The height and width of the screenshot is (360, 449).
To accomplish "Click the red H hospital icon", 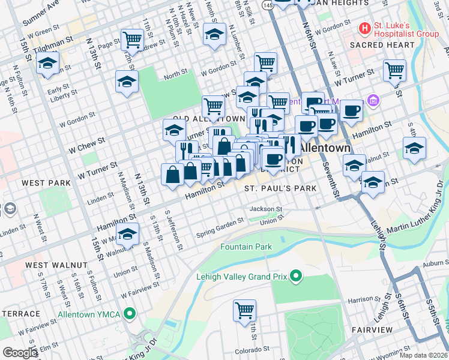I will pyautogui.click(x=364, y=28).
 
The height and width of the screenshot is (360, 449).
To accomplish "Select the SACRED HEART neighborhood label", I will pyautogui.click(x=375, y=45).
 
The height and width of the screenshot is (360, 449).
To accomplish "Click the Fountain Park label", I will pyautogui.click(x=246, y=247).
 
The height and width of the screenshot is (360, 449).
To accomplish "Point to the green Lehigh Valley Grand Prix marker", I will pyautogui.click(x=295, y=276).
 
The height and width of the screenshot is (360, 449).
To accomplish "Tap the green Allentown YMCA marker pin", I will pyautogui.click(x=128, y=314).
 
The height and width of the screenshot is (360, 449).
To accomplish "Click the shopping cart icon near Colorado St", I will pyautogui.click(x=245, y=311).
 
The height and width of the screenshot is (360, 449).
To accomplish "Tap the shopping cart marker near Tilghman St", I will pyautogui.click(x=132, y=40).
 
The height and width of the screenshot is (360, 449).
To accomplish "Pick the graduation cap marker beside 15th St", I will pyautogui.click(x=47, y=63).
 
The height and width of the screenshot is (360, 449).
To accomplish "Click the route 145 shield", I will pyautogui.click(x=268, y=5).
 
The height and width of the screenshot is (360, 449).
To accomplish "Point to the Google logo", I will pyautogui.click(x=20, y=352).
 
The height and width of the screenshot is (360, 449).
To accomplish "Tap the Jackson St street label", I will pyautogui.click(x=266, y=209).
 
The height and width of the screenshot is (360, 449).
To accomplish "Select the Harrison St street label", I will pyautogui.click(x=361, y=299).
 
